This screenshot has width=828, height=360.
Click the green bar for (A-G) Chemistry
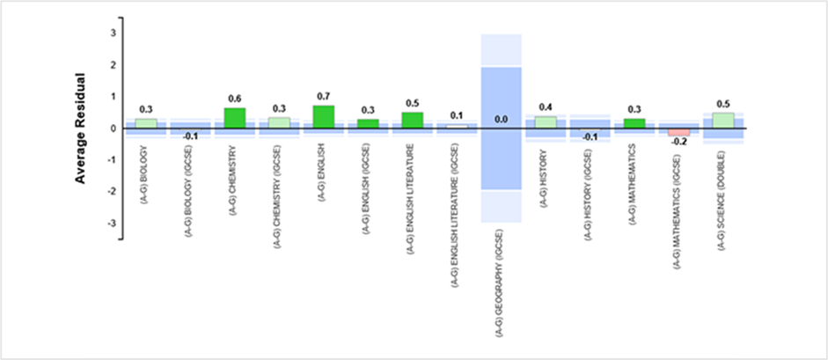coord(235,118)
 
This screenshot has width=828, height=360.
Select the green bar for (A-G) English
coord(324,117)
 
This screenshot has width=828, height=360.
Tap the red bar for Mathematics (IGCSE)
coord(679,132)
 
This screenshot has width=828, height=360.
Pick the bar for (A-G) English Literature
coord(413,121)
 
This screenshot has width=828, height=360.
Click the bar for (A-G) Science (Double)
coord(723,121)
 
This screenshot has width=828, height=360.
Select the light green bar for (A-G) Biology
coord(146,123)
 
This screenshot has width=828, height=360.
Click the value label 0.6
coord(235,99)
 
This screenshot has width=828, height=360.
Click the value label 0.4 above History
coord(546,107)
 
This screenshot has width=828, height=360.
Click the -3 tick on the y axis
coord(112,224)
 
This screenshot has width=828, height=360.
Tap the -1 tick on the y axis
coord(112,160)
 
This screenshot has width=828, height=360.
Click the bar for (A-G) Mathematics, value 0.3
coord(634,123)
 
